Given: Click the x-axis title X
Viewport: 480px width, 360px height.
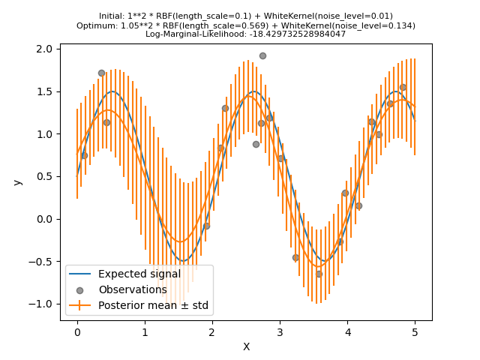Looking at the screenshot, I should click(x=246, y=346).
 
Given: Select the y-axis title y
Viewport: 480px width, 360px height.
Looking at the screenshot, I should click(x=18, y=182).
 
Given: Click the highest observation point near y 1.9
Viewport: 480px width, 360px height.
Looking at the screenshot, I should click(x=262, y=55).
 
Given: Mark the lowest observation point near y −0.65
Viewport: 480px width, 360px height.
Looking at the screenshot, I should click(x=319, y=274).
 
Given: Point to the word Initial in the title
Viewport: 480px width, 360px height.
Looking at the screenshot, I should click(x=112, y=16).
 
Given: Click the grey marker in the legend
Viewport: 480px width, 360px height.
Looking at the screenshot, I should click(x=80, y=290).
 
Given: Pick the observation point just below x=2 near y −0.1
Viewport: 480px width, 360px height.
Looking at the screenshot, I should click(x=206, y=226).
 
